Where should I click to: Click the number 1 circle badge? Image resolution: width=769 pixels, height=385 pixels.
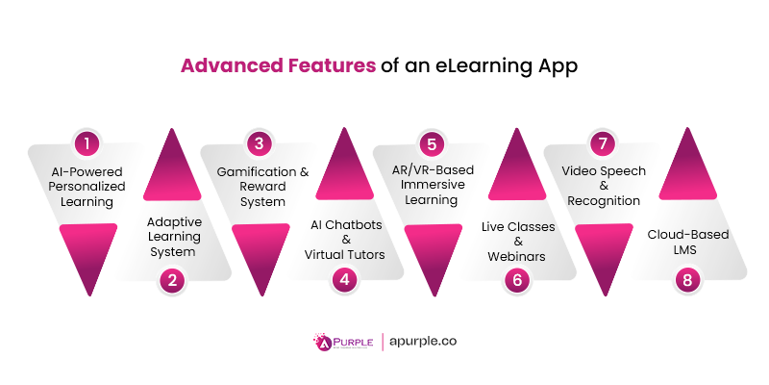coord(87,144)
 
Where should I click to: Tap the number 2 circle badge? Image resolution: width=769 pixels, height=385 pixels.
coord(172,280)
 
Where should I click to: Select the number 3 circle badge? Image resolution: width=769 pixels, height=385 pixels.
coord(259,144)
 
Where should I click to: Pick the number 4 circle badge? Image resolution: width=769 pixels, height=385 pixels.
coord(344,280)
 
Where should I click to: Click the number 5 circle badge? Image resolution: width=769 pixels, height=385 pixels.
coord(431,144)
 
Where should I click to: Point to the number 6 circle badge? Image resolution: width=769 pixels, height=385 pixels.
coord(516,280)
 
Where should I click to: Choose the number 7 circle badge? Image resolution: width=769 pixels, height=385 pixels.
coord(603,144)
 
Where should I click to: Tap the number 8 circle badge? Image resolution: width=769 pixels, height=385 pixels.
coord(688,280)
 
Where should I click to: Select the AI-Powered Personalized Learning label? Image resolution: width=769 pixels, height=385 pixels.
coord(87,186)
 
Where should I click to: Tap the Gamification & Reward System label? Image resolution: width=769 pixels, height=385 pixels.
coord(260,186)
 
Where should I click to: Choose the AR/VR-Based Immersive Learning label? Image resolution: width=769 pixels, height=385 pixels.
coord(431,186)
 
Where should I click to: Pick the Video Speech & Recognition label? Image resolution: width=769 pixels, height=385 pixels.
coord(603,186)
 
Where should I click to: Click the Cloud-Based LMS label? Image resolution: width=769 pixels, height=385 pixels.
coord(688,242)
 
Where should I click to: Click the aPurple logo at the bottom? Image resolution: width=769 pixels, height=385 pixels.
coord(340,342)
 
